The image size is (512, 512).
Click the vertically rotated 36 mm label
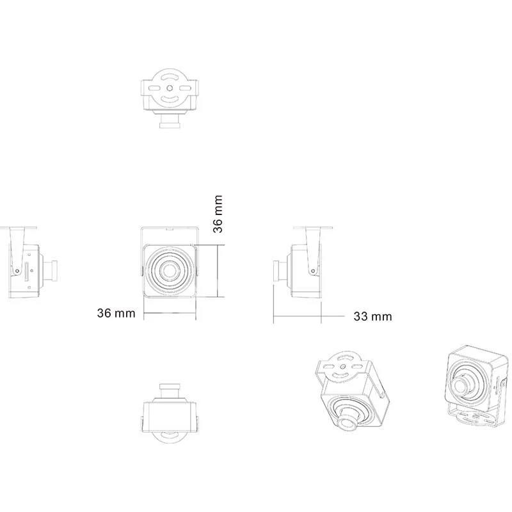(x=218, y=214)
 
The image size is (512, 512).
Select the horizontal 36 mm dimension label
(x=116, y=313)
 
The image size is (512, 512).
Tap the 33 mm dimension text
(x=372, y=316)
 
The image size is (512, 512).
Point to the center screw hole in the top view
(x=170, y=88)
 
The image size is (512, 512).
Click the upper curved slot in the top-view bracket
(x=170, y=77)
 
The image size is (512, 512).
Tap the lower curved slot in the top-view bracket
(x=170, y=99)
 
